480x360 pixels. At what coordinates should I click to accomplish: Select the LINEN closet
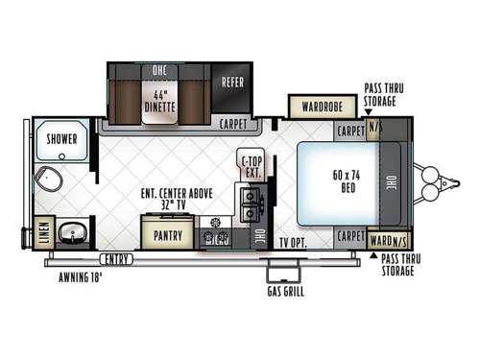pyautogui.click(x=42, y=232)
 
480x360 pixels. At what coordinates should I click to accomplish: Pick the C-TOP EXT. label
pyautogui.click(x=252, y=166)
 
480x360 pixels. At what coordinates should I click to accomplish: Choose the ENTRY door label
pyautogui.click(x=118, y=258)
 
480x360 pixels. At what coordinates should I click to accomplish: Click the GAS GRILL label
pyautogui.click(x=286, y=291)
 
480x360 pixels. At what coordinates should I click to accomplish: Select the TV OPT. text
pyautogui.click(x=293, y=242)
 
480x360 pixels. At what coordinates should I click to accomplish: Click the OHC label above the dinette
pyautogui.click(x=158, y=71)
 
